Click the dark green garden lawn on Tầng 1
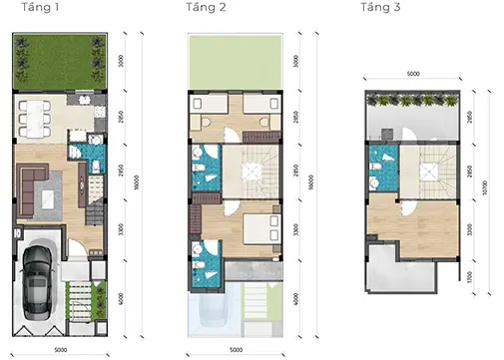click(60, 62)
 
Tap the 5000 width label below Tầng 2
click(235, 349)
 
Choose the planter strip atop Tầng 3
click(411, 102)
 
